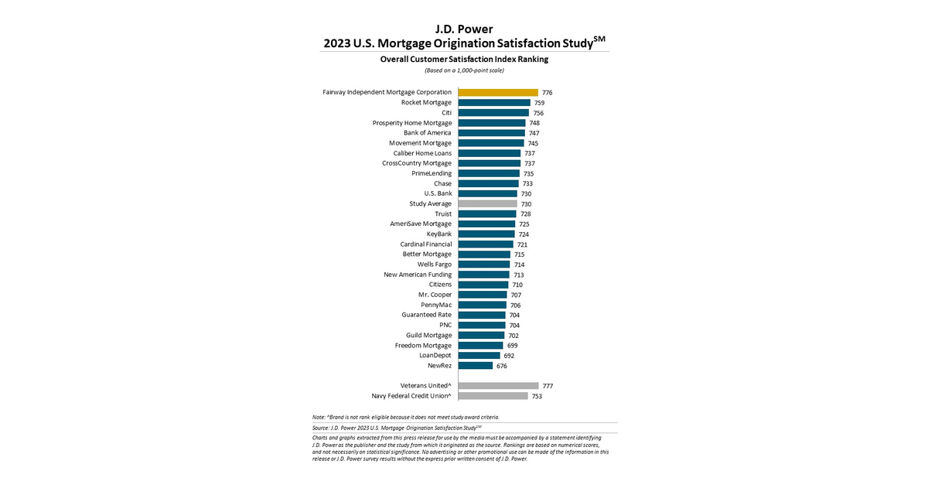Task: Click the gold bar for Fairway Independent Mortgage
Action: (x=498, y=92)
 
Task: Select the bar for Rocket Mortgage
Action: (x=494, y=102)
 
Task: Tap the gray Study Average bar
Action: (x=488, y=203)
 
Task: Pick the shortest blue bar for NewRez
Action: (x=476, y=366)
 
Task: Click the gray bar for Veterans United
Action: (x=499, y=385)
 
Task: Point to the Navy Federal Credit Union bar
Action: (x=493, y=396)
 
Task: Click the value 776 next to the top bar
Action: (x=548, y=93)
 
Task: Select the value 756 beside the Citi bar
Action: (x=538, y=113)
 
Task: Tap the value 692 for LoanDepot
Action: (x=509, y=356)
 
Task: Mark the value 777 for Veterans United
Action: (x=548, y=386)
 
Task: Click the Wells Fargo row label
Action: (x=435, y=265)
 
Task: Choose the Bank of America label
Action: (x=428, y=133)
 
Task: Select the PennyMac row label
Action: (x=436, y=305)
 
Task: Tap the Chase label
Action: (x=443, y=183)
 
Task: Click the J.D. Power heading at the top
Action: (x=464, y=29)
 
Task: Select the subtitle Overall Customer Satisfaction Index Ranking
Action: (x=464, y=59)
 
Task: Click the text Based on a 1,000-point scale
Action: (x=464, y=70)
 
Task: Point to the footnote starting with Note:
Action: (x=406, y=417)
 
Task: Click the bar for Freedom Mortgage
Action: (x=480, y=346)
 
